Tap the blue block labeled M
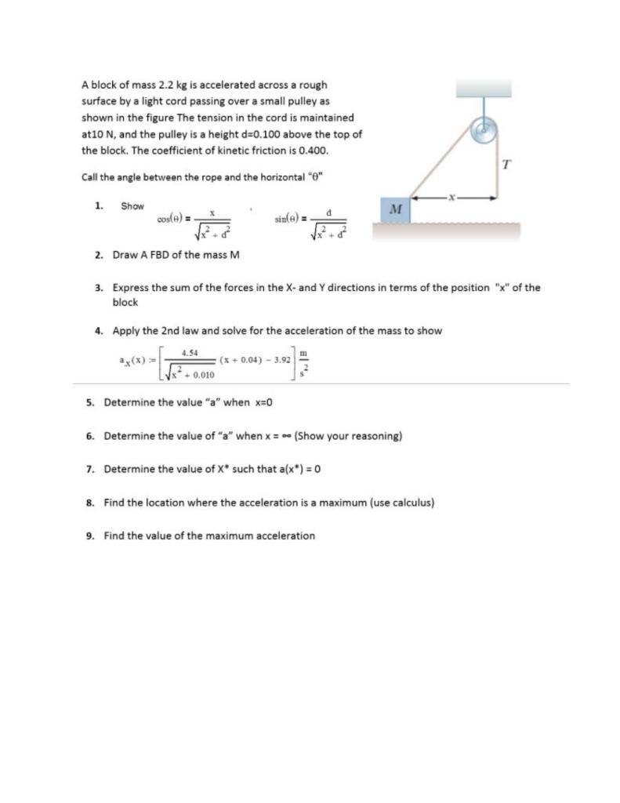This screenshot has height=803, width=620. (x=396, y=209)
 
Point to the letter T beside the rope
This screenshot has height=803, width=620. (x=506, y=165)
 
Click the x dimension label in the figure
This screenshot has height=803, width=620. (x=453, y=198)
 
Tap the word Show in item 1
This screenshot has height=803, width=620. (x=132, y=206)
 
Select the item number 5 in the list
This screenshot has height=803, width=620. (x=89, y=402)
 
